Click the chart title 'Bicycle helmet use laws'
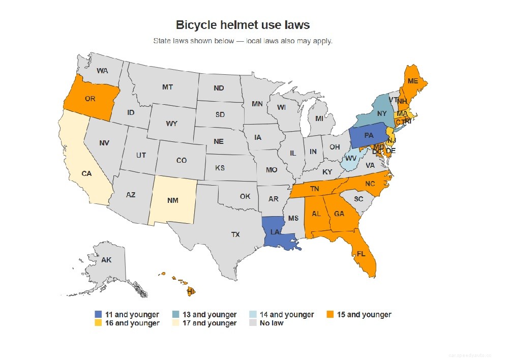(x=243, y=24)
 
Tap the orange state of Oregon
(x=91, y=99)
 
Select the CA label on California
(x=86, y=173)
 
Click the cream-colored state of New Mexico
(x=173, y=200)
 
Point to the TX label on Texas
(x=235, y=234)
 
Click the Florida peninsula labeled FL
(x=361, y=253)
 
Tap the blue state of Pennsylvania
(x=369, y=136)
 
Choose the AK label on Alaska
(x=106, y=260)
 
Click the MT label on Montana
(x=167, y=87)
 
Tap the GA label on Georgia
(x=339, y=214)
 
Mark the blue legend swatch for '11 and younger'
(x=98, y=315)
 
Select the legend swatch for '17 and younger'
(x=175, y=323)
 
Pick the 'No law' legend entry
(x=271, y=323)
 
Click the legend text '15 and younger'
(x=364, y=315)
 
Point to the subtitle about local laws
(x=243, y=41)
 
